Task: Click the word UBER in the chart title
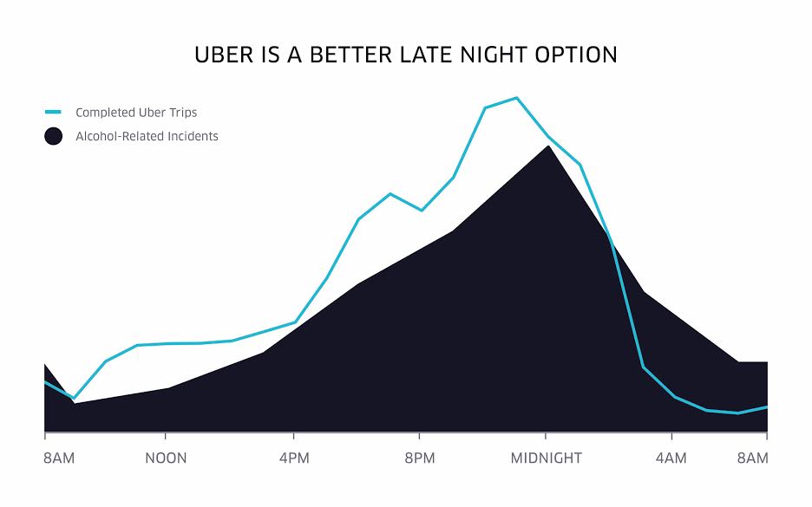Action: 224,55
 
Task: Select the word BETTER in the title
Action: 350,55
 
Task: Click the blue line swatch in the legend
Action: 53,112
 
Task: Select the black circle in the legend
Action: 53,136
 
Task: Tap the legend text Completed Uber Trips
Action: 136,113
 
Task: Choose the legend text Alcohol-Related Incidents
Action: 147,136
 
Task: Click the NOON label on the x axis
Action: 166,458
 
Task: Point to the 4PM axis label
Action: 294,458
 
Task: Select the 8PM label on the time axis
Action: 420,458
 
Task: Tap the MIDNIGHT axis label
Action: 547,458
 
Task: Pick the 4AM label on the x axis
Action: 671,458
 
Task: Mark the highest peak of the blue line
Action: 516,98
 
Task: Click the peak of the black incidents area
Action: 548,146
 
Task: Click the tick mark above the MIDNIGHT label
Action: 546,436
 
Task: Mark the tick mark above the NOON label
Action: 165,436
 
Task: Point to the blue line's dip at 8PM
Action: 422,210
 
